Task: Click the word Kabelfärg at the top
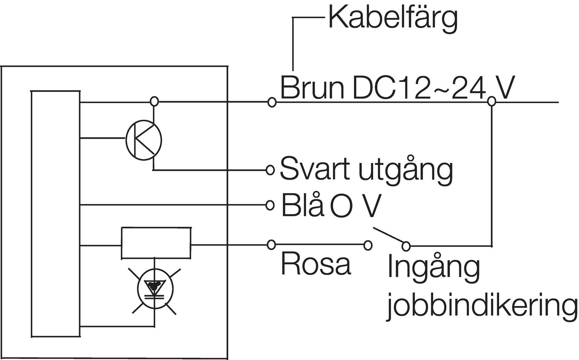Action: pyautogui.click(x=393, y=18)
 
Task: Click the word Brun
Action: pyautogui.click(x=312, y=88)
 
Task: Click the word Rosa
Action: pyautogui.click(x=316, y=264)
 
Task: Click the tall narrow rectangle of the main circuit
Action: pyautogui.click(x=56, y=214)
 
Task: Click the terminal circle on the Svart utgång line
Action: pyautogui.click(x=271, y=170)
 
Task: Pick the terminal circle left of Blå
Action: pyautogui.click(x=271, y=205)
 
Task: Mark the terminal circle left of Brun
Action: pyautogui.click(x=272, y=102)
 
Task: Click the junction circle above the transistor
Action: pyautogui.click(x=154, y=102)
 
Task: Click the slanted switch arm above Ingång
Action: pyautogui.click(x=388, y=236)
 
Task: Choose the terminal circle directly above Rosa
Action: pyautogui.click(x=271, y=245)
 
